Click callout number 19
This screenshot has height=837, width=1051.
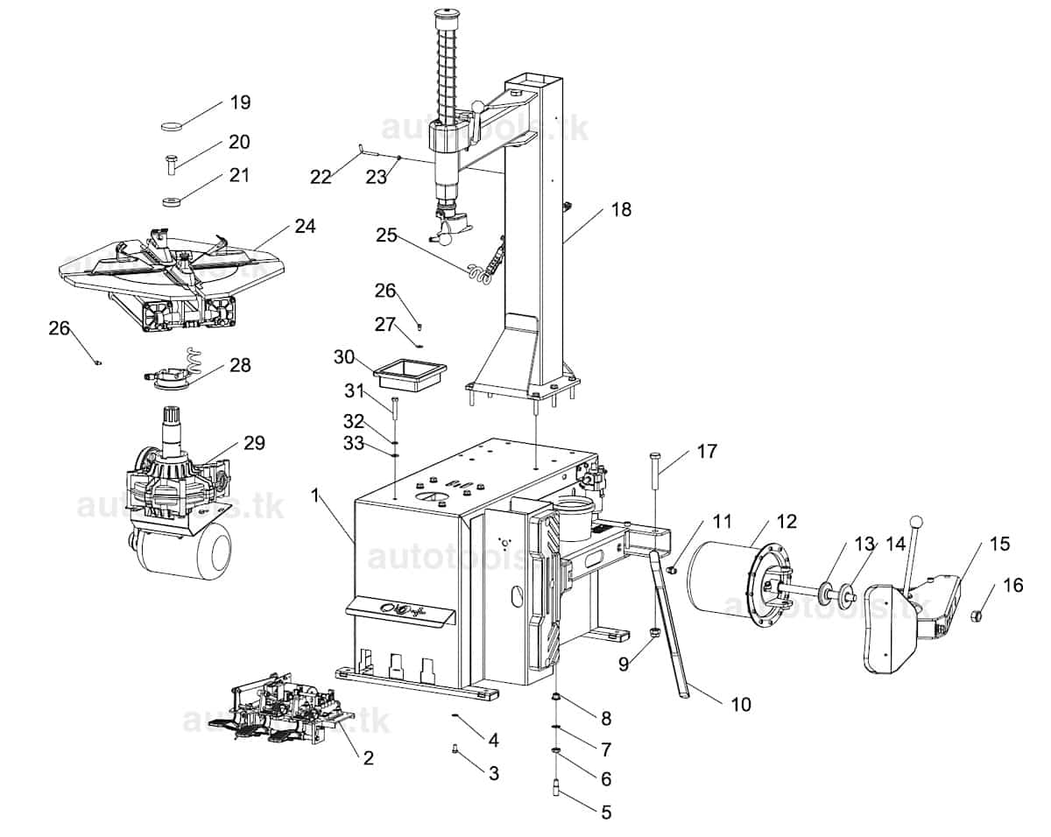(x=240, y=102)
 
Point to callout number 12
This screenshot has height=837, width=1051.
(x=786, y=522)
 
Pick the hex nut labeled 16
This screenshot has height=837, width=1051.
(x=978, y=616)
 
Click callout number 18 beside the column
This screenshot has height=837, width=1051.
(x=621, y=209)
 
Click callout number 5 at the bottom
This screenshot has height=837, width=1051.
(x=605, y=812)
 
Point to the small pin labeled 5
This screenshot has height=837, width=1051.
(x=556, y=788)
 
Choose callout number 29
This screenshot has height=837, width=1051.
(x=253, y=442)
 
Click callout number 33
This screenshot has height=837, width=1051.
(x=353, y=443)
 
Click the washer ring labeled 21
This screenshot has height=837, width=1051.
(x=172, y=203)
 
